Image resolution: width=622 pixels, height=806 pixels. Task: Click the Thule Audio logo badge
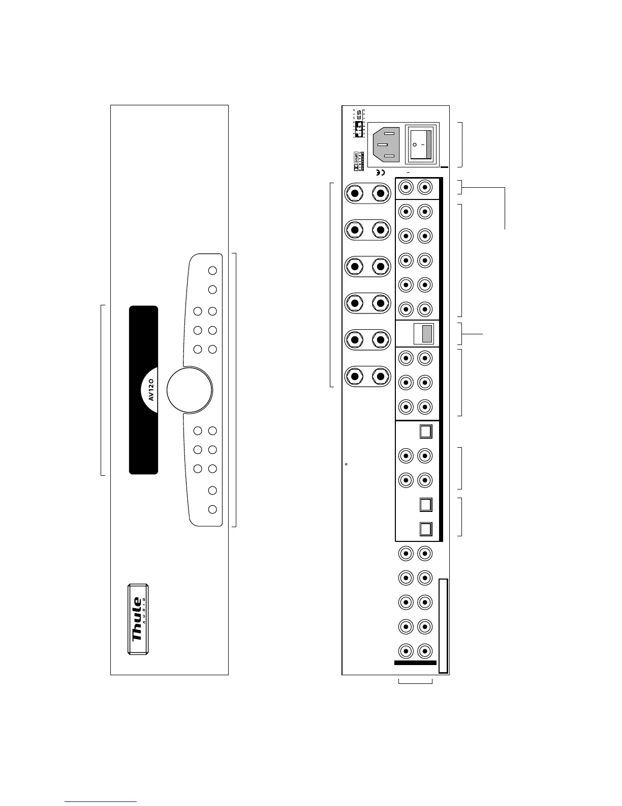tap(138, 619)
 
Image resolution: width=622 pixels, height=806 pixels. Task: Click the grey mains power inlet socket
tap(386, 145)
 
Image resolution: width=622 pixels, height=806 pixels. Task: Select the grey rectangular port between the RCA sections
tap(427, 334)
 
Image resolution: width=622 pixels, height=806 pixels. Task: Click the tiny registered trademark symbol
tap(346, 464)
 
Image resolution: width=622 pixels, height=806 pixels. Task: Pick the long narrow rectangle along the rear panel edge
tap(443, 625)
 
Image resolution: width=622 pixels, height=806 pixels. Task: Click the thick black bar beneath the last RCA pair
tap(415, 663)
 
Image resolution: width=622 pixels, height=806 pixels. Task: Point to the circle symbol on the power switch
tap(416, 145)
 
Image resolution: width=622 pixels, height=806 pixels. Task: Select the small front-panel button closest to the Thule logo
tap(213, 509)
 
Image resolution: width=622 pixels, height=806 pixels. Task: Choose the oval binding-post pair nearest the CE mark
tap(367, 193)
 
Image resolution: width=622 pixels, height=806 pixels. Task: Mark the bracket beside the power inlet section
tap(460, 145)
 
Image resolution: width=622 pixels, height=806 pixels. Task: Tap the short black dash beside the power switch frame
tap(444, 167)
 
